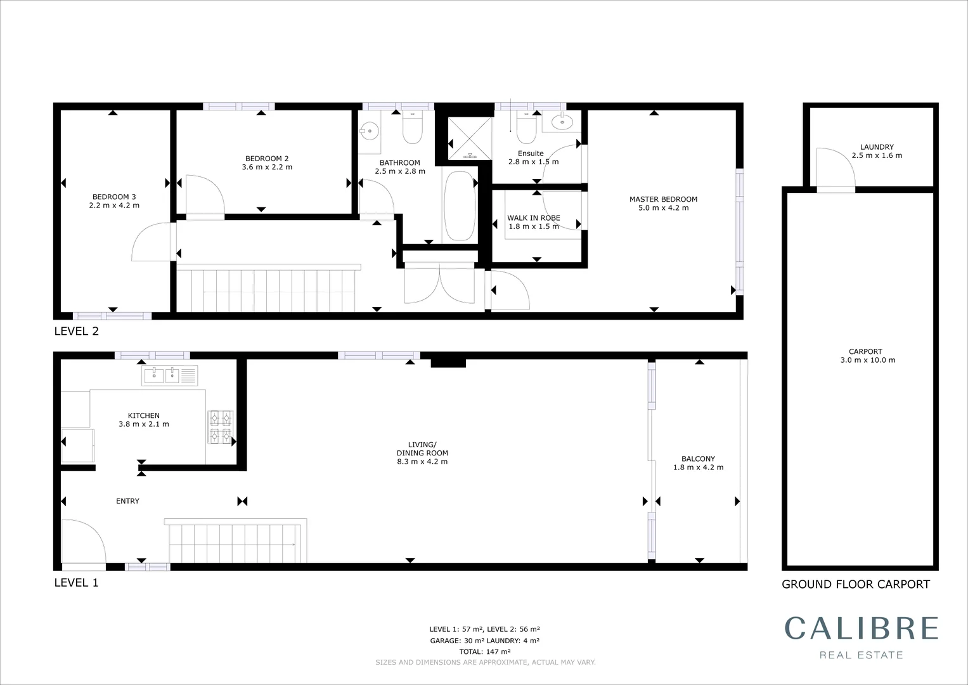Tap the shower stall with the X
point(470,138)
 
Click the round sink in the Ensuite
point(561,122)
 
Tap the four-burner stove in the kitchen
point(221,427)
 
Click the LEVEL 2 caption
point(77,331)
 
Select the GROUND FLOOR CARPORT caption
point(855,584)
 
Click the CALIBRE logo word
point(861,628)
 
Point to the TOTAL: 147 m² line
point(485,651)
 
